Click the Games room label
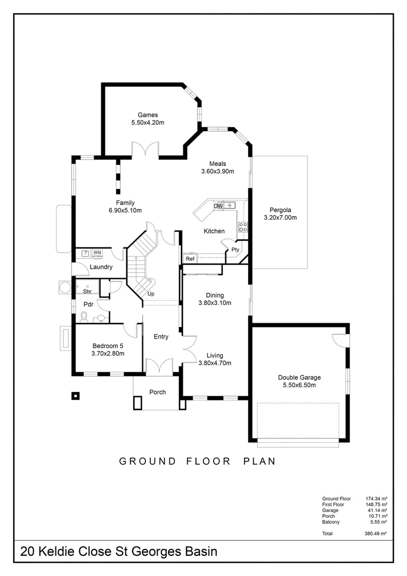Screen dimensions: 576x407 point(148,115)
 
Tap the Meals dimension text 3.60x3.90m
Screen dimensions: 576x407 point(217,171)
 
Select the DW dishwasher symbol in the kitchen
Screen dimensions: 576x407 point(218,206)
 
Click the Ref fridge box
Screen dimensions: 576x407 point(190,259)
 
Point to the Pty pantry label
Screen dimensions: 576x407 point(235,250)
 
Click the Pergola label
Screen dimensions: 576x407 point(280,210)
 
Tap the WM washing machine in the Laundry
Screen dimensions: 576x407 point(97,253)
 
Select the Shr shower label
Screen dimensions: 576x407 point(87,291)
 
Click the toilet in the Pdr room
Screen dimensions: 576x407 point(84,317)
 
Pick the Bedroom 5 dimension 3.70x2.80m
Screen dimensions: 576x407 point(108,353)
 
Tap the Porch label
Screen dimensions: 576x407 point(157,392)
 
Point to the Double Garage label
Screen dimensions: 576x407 point(299,377)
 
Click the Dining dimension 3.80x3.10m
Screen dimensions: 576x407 point(215,303)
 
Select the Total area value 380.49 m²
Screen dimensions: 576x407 point(376,533)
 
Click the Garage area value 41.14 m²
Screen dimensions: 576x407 point(376,510)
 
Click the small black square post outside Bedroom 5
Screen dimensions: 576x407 point(76,396)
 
